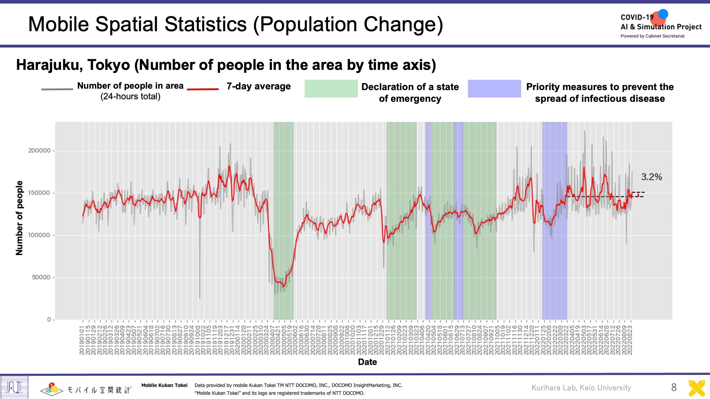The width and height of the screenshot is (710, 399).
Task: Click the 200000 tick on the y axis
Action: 39,151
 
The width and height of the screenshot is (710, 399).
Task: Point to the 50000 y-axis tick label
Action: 41,277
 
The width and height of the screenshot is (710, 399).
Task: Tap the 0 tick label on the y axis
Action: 49,320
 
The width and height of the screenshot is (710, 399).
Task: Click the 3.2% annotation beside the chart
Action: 651,177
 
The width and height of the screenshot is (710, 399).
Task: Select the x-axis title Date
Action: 367,362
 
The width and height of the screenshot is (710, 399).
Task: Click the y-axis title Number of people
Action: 19,218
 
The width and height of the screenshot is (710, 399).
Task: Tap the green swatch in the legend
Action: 331,89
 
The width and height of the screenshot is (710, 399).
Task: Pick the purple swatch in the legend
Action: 494,89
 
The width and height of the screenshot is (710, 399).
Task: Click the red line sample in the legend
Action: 203,89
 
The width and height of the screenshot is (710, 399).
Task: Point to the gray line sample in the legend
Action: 57,89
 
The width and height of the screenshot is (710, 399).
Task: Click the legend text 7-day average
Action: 258,86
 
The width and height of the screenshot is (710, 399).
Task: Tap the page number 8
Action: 674,387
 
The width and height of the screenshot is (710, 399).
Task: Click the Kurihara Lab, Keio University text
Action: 581,388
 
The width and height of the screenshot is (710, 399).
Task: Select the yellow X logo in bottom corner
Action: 697,388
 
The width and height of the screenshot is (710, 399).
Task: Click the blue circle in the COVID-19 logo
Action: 663,14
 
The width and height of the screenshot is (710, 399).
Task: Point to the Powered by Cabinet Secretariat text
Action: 652,36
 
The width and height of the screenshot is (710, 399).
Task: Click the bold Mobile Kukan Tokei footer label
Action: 164,385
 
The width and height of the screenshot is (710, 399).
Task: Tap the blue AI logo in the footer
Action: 14,387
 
